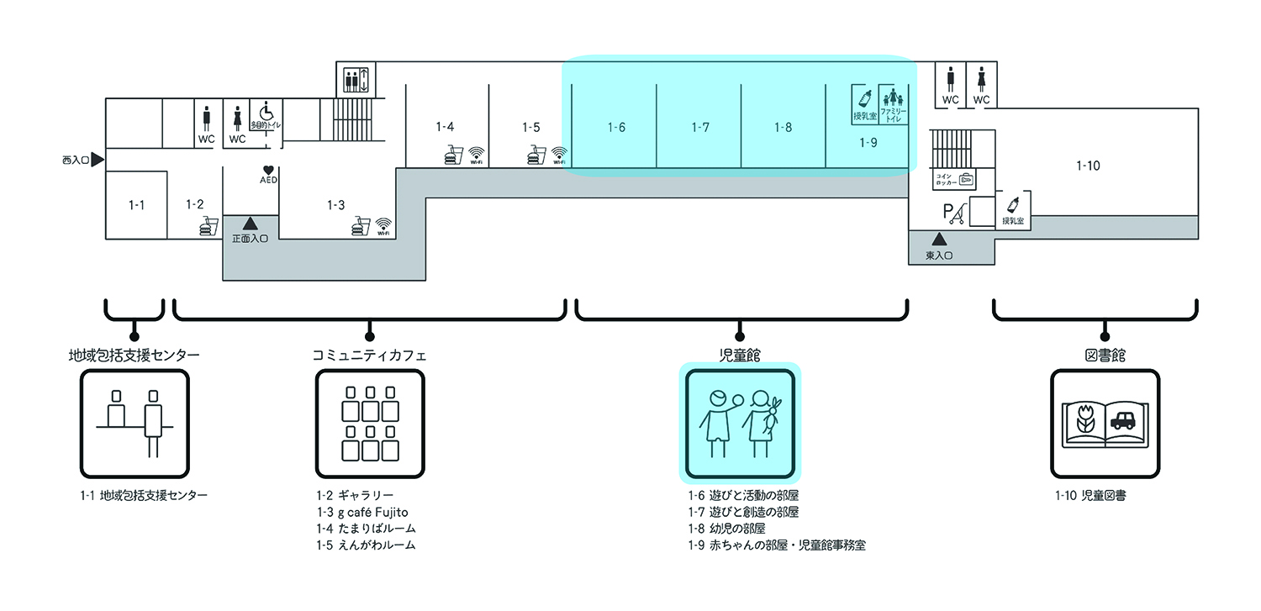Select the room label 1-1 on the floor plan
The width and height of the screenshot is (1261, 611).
coord(136,204)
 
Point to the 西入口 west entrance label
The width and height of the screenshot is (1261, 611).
coord(76,159)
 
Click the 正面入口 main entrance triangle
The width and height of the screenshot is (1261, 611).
coord(250,224)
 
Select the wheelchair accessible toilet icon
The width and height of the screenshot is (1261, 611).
coord(266,113)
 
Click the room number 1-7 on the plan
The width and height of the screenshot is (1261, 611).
coord(700,128)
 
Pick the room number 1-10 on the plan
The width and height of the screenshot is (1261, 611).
coord(1088,166)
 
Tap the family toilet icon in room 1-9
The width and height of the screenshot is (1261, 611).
coord(893,104)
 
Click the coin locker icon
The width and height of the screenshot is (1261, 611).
coord(967,179)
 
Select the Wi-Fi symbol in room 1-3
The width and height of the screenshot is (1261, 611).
coord(384,226)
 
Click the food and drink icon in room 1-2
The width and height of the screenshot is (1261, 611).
coord(208,227)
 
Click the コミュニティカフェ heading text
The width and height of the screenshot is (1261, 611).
coord(369,356)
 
